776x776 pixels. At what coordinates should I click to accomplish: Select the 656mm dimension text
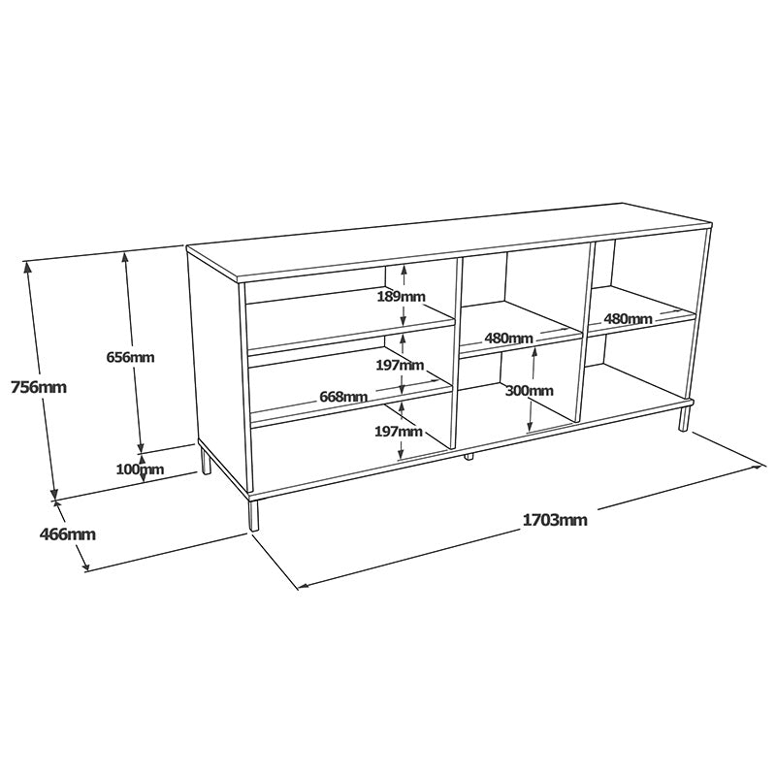[x=130, y=357]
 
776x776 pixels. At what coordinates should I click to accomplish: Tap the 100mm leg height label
[x=140, y=470]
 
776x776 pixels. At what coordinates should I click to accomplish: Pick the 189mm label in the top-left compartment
[x=401, y=296]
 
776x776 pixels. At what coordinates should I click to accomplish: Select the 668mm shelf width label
[x=342, y=396]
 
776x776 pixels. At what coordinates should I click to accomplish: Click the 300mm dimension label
[x=529, y=390]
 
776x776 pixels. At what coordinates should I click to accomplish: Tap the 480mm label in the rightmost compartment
[x=628, y=318]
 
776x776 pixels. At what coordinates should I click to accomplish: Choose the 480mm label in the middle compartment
[x=508, y=338]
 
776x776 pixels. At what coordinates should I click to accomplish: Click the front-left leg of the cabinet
[x=254, y=514]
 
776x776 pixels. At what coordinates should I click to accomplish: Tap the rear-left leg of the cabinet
[x=206, y=459]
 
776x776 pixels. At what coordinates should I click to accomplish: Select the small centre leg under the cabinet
[x=469, y=454]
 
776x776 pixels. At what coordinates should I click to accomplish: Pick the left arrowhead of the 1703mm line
[x=302, y=586]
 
